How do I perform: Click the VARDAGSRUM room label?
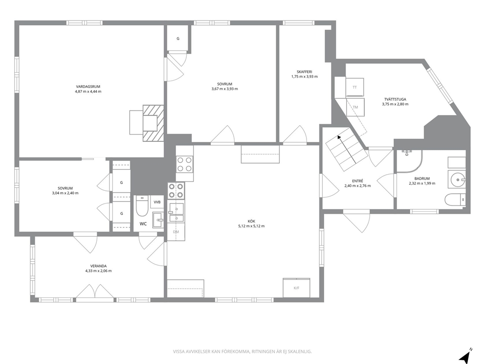(88, 87)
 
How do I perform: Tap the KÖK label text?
(251, 221)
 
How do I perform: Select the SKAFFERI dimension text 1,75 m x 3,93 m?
(305, 76)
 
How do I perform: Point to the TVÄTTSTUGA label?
(395, 99)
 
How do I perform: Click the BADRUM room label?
(422, 179)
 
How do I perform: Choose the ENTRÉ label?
(357, 181)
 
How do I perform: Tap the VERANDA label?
(98, 266)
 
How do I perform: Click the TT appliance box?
(354, 87)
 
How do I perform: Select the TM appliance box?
(355, 107)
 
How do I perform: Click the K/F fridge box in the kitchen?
(296, 288)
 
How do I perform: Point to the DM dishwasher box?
(176, 231)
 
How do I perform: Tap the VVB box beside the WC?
(157, 202)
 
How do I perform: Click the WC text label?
(143, 224)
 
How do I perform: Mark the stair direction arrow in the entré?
(347, 149)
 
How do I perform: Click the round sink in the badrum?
(457, 179)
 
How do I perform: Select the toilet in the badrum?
(455, 200)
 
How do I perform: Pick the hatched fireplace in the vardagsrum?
(153, 123)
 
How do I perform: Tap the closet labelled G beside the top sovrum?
(178, 38)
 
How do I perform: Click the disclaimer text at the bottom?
(242, 351)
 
